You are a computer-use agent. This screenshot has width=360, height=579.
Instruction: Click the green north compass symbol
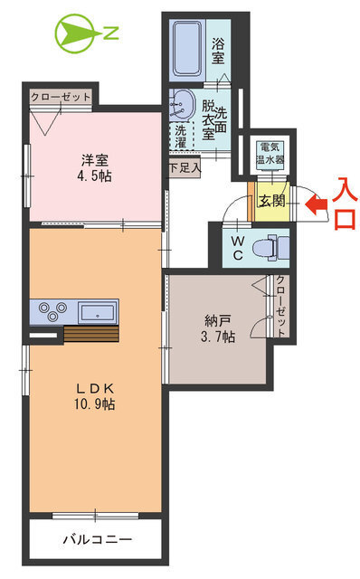pos(72,34)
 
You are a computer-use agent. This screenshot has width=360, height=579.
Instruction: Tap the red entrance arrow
pos(317,205)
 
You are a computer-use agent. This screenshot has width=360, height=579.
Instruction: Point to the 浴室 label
pos(218,51)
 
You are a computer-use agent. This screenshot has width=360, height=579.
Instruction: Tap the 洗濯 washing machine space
pos(181,135)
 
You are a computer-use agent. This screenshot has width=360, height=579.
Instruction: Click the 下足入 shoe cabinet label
pos(184,167)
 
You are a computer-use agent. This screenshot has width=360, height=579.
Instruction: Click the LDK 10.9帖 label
pos(95,396)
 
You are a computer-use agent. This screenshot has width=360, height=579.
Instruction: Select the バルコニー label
pos(97,540)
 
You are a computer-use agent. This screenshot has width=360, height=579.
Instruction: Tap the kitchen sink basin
pos(94,313)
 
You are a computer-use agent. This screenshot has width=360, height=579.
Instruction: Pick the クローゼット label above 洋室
pos(61,96)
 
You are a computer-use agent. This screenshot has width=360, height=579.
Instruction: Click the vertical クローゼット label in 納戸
pos(281,307)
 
